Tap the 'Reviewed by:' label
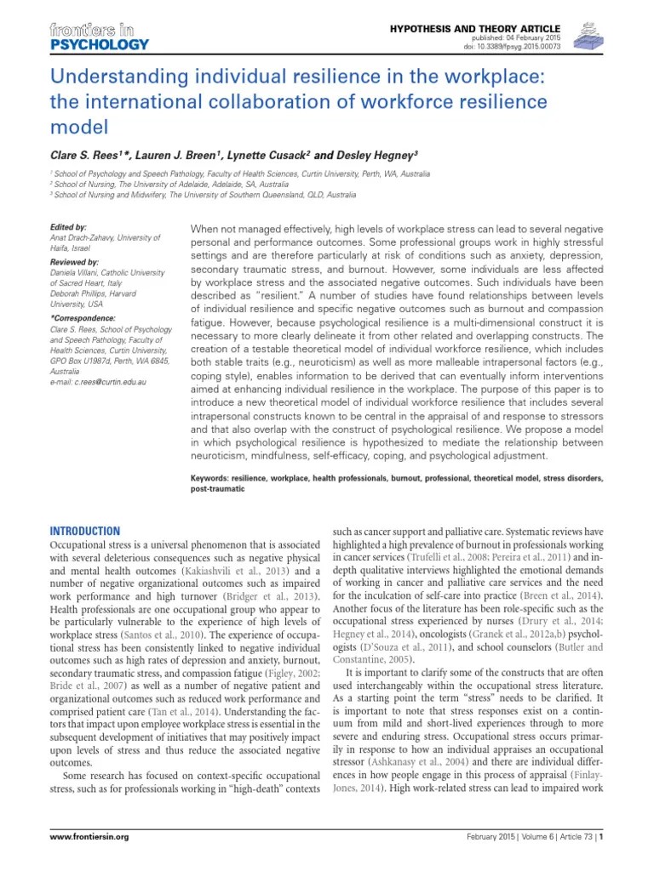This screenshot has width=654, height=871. coord(74,263)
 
